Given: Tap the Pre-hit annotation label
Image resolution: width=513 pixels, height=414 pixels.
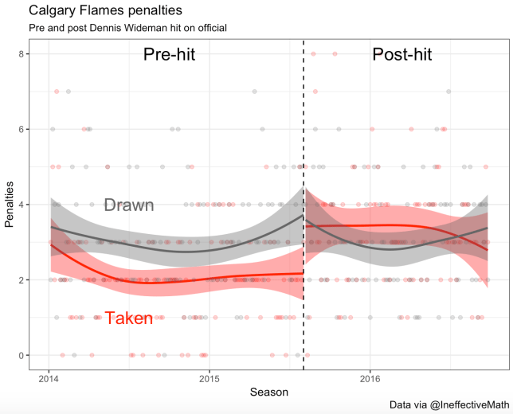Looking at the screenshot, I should coord(169,55).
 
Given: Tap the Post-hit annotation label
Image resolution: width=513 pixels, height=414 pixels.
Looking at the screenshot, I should coord(401,55).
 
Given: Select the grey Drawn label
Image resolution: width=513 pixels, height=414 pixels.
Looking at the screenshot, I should coord(128,205).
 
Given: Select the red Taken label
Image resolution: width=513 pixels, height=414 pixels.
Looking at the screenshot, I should coord(128,318).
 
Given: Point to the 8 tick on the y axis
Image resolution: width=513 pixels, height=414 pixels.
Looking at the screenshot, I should coord(21,54).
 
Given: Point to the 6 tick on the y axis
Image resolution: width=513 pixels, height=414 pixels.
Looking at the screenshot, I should coord(21,129).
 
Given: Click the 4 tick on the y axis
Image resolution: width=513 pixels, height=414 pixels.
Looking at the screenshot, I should coord(21,205).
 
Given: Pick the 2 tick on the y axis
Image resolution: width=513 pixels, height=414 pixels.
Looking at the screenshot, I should coord(21,279).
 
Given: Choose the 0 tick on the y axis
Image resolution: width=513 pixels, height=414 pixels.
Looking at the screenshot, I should coord(21,355).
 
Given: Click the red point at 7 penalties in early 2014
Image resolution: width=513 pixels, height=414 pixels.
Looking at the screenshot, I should coord(57,92).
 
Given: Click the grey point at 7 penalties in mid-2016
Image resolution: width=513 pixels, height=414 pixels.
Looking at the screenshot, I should coord(449,92).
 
